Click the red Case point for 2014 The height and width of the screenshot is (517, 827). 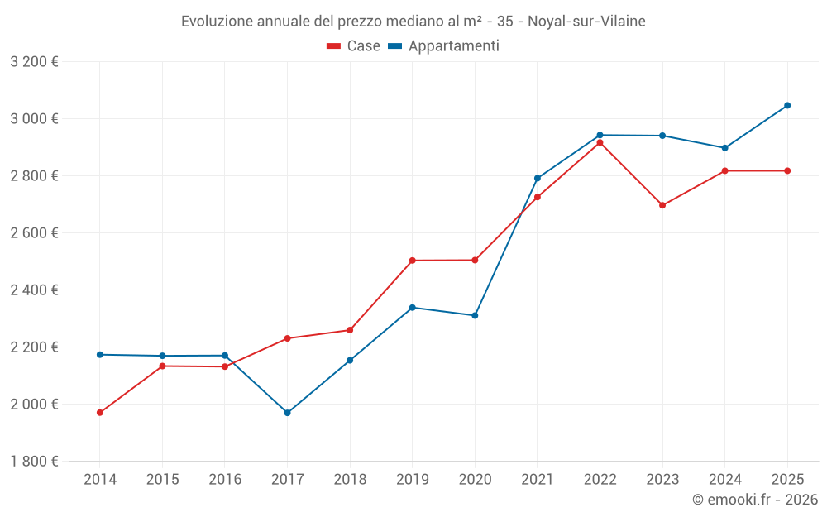pos(100,413)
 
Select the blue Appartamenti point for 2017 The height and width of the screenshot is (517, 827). pos(287,413)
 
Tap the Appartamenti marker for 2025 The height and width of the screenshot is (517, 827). pos(787,105)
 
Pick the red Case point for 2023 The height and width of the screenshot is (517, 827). pos(662,205)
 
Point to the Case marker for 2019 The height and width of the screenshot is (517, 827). pos(413,261)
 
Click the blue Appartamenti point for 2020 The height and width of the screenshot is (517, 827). pos(475,315)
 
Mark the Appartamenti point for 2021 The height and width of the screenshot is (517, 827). pos(538,178)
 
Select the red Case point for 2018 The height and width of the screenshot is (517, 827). pos(350,330)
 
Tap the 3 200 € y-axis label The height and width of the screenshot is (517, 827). pos(34,61)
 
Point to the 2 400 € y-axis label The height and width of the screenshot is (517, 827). pos(34,290)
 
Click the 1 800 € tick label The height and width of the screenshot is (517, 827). pos(34,461)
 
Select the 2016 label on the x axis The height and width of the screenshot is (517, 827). pos(225,479)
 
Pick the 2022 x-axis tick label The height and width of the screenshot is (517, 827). pos(600,479)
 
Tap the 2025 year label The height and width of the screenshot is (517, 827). pos(787,479)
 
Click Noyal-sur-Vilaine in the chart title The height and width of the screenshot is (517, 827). pos(586,21)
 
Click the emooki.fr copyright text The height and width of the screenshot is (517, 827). pos(755,500)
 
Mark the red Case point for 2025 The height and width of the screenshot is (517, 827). pos(787,170)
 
